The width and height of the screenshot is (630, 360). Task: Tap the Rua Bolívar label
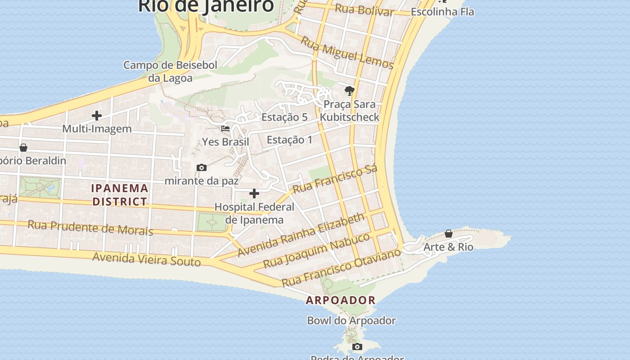click(x=364, y=9)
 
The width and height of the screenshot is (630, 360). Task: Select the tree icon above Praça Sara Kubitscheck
click(x=349, y=91)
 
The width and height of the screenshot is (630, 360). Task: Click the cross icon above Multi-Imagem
click(x=97, y=116)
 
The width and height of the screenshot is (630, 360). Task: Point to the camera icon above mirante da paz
click(x=202, y=168)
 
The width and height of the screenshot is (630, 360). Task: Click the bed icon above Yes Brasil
click(x=225, y=129)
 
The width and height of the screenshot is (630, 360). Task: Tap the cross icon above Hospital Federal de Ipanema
click(x=254, y=194)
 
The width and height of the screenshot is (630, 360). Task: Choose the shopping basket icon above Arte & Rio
click(x=449, y=234)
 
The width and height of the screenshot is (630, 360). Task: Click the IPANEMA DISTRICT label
click(x=120, y=195)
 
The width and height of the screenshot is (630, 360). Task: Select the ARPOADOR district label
click(x=341, y=300)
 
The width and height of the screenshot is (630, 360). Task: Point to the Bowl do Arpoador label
click(x=351, y=321)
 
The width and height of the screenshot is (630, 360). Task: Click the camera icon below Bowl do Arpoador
click(x=357, y=346)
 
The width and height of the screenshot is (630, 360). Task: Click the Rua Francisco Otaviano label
click(x=341, y=267)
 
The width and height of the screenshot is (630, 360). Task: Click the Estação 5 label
click(x=284, y=117)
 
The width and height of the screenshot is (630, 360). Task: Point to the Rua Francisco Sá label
click(x=335, y=179)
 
